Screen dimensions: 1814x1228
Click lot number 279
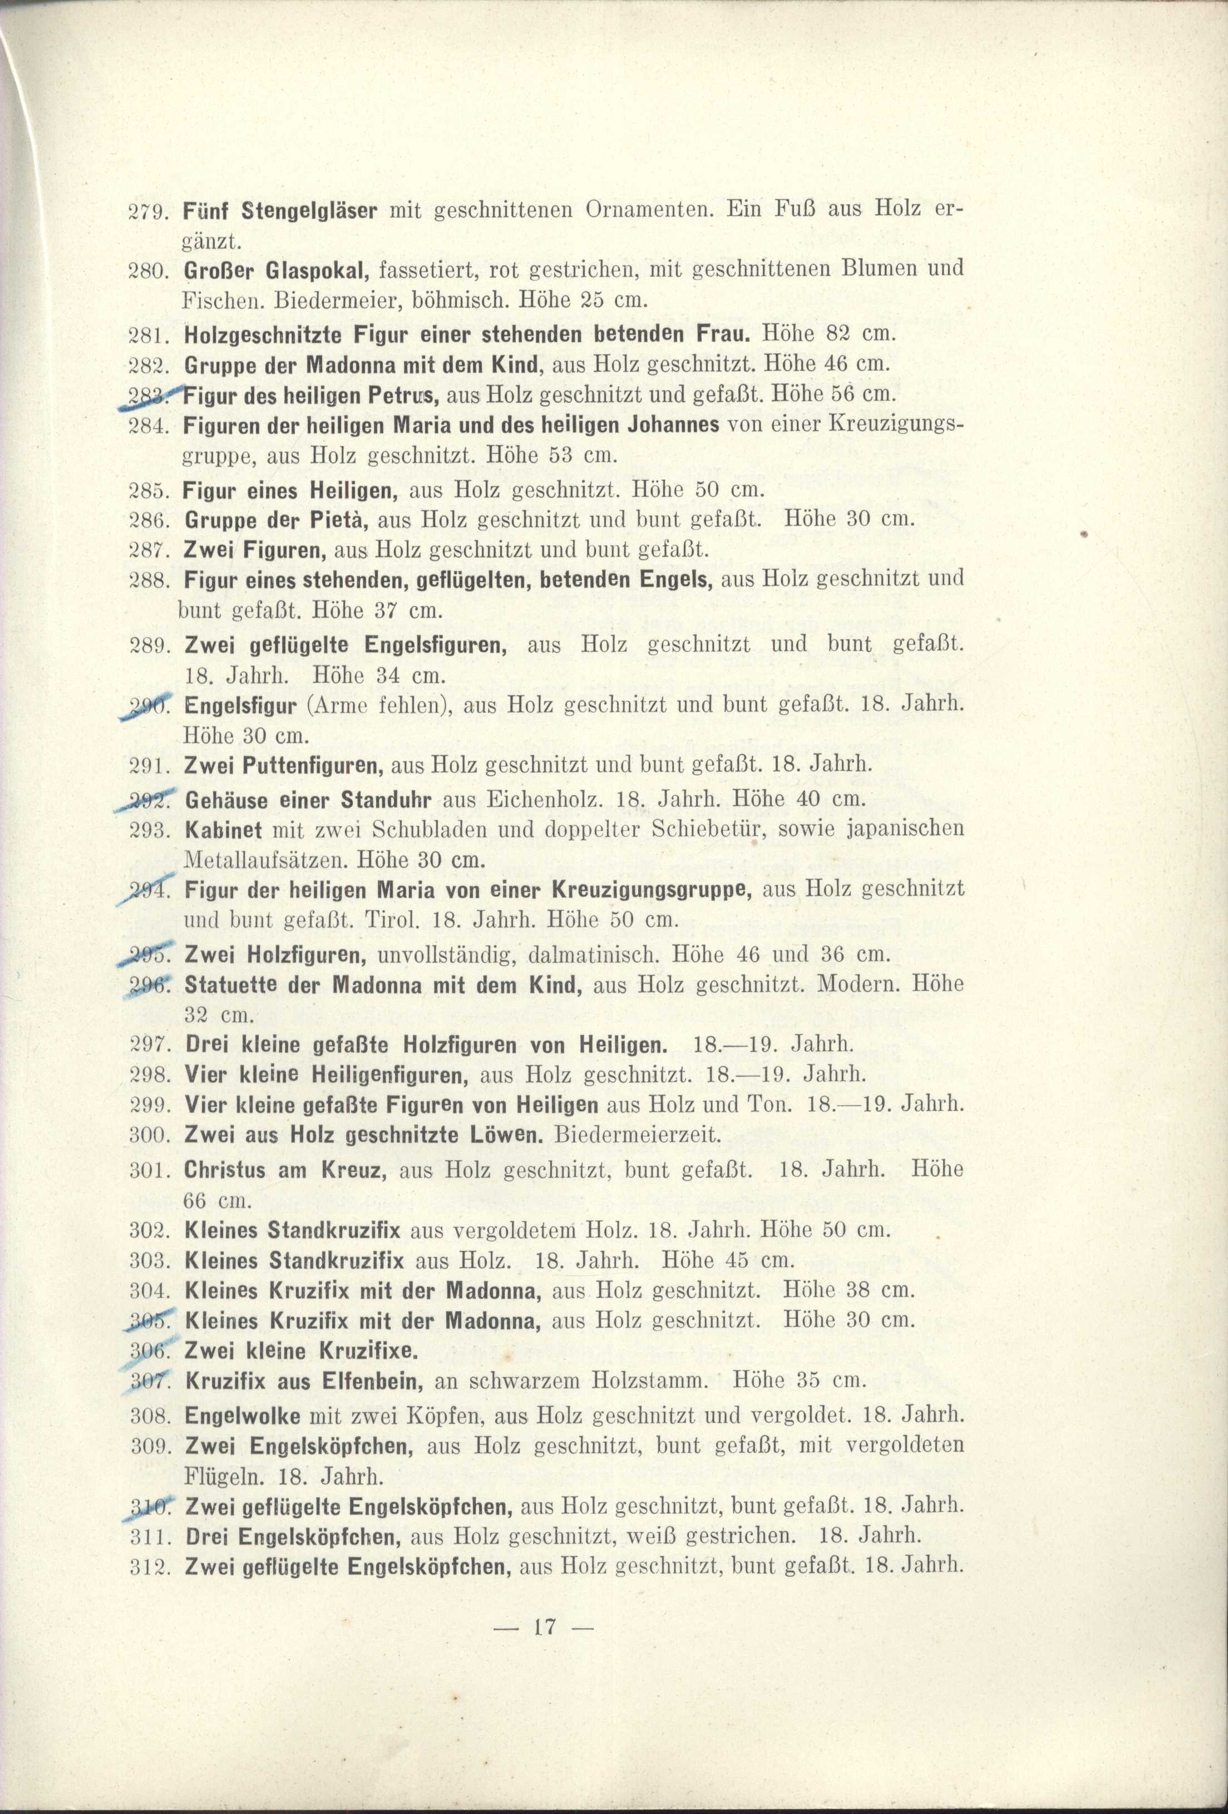coord(145,211)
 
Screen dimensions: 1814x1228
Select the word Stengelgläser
coord(310,211)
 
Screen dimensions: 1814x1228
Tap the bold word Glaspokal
coord(317,270)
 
